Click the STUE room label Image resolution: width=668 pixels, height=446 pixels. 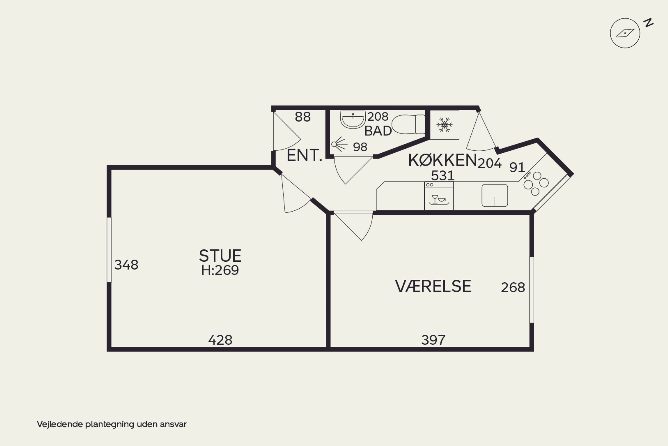[220, 256]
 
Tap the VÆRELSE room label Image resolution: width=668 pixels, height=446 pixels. [433, 286]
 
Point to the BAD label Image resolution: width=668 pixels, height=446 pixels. [378, 131]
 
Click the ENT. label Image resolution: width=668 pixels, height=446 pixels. [305, 156]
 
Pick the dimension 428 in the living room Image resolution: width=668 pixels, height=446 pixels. [220, 340]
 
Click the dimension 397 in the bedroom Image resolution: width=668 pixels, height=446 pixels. [433, 340]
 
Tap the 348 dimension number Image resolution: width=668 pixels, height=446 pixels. [126, 265]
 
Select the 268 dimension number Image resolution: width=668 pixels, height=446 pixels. [513, 288]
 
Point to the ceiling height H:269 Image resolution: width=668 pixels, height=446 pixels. [220, 270]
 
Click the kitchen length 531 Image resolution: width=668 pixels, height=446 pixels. [443, 175]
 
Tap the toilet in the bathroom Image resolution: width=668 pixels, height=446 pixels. [409, 124]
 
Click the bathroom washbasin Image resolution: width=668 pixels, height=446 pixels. [353, 119]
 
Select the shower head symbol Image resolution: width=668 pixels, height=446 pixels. [339, 144]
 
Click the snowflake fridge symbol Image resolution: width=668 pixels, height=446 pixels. [444, 125]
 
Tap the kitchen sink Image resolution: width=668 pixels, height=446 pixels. [495, 195]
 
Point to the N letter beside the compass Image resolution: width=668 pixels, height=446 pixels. [649, 23]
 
